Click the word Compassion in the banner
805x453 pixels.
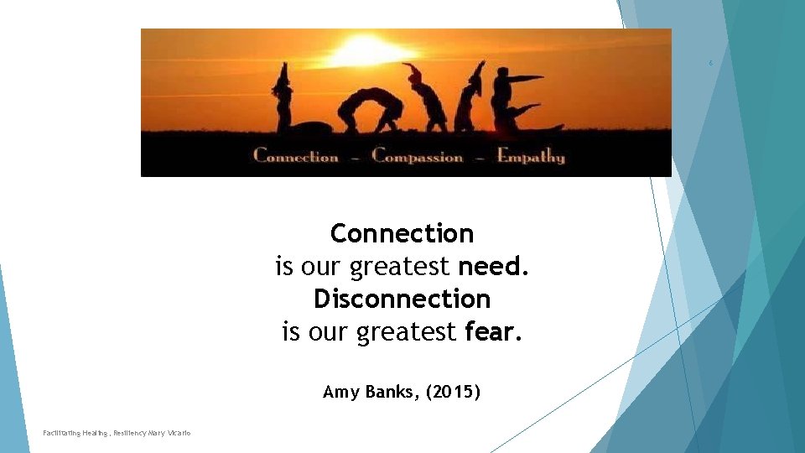pos(417,156)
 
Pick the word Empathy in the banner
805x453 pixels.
pos(531,156)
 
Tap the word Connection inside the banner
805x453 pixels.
pos(296,156)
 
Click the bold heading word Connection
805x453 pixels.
pos(402,233)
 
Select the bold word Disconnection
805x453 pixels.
pos(402,299)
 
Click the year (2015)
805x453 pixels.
pos(453,391)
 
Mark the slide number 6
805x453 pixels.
pos(710,63)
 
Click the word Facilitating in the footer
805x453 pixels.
pos(62,433)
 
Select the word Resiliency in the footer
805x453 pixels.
pos(127,433)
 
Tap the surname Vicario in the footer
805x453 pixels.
pos(178,433)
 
